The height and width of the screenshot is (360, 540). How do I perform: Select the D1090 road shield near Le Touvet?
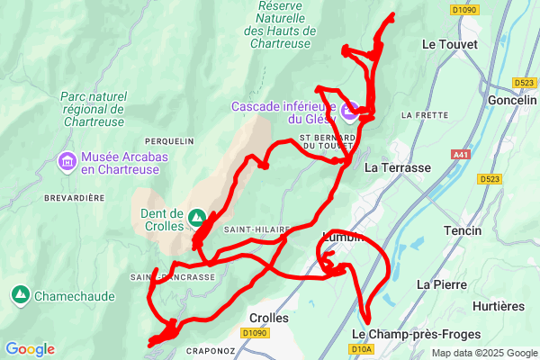tap(464, 10)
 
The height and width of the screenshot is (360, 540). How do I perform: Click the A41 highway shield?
tap(462, 155)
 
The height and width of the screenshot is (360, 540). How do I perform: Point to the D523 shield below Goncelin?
tap(490, 179)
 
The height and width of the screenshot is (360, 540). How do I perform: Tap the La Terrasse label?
tap(398, 168)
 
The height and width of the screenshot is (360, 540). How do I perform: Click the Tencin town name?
tap(463, 231)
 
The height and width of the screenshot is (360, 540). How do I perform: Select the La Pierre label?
tap(438, 283)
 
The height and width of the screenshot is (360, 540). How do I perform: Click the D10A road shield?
tap(362, 349)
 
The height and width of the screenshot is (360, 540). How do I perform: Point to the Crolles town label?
tap(267, 318)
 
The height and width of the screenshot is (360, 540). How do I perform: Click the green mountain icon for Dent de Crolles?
tap(197, 217)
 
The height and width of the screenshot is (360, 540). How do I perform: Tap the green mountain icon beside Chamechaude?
tap(20, 294)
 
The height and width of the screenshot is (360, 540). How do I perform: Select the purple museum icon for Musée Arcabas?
tap(67, 162)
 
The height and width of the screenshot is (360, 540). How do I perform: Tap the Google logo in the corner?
tap(30, 349)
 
